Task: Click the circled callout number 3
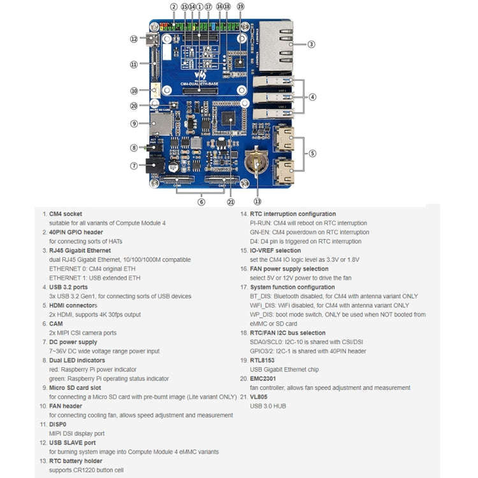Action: [x=311, y=44]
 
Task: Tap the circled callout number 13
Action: [x=257, y=192]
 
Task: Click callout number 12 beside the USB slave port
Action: [x=134, y=39]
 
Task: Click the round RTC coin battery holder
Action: [x=257, y=163]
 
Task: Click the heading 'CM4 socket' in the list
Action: [x=66, y=214]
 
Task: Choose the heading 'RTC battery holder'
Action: [x=75, y=461]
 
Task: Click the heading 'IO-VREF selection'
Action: [x=275, y=250]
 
